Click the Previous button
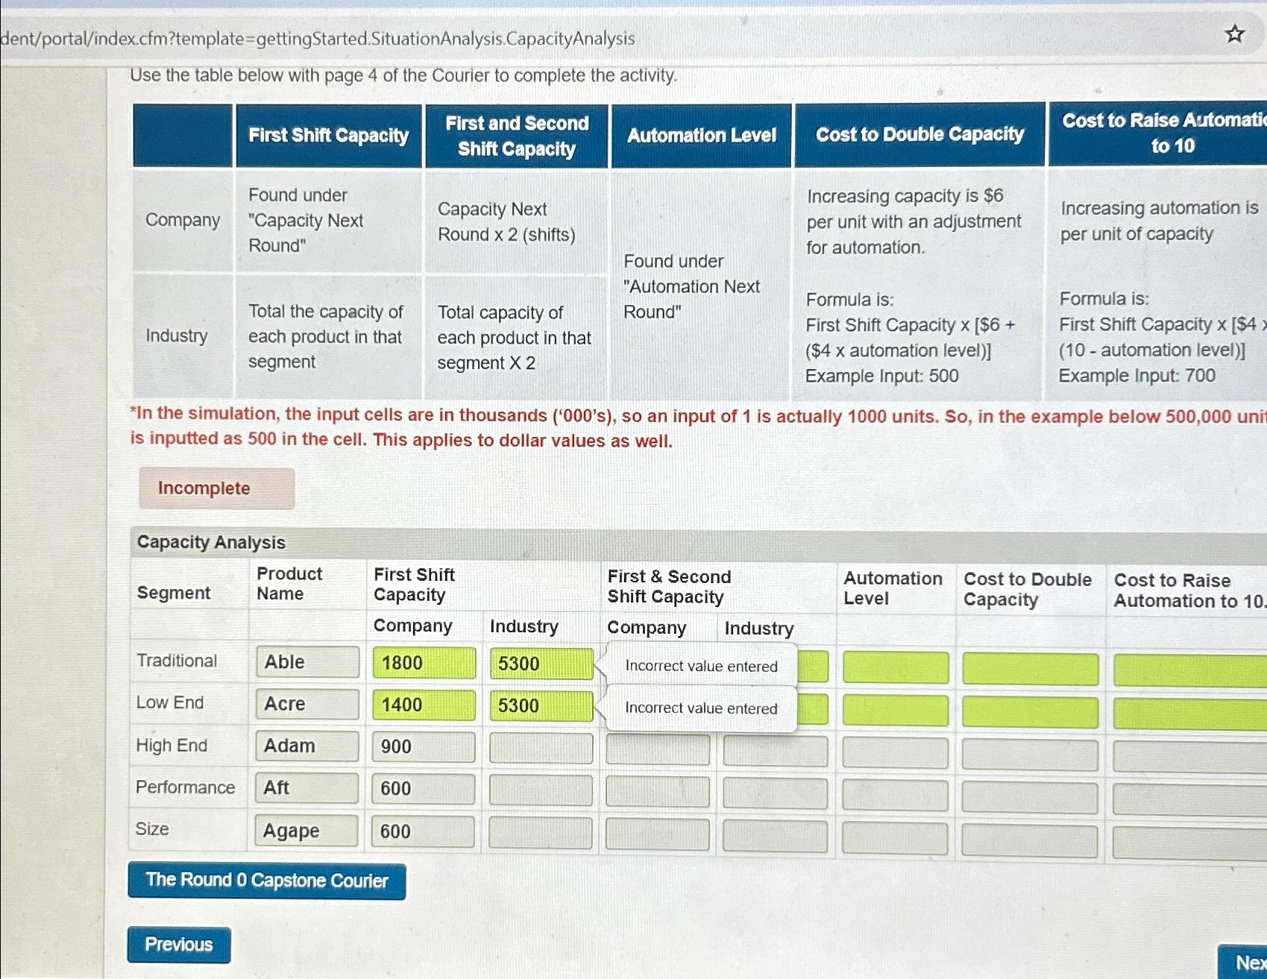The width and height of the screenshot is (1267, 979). pos(179,945)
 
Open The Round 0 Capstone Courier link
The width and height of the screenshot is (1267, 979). pos(266,881)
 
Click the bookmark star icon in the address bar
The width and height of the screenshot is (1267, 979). pos(1235,34)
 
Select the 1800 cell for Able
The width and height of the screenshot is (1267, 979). pos(424,663)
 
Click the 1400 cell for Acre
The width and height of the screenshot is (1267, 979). pos(424,705)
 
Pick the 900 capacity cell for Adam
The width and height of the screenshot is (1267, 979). pos(423,747)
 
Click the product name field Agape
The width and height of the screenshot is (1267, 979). pos(306,831)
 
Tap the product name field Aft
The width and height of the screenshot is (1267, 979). pos(306,788)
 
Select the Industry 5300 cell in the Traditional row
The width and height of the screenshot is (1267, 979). pos(541,664)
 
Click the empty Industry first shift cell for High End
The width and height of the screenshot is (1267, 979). pos(541,748)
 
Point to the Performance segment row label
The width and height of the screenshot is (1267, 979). pos(185,787)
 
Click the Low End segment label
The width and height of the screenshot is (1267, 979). pos(170,702)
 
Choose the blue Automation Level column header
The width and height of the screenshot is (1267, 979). pos(701,135)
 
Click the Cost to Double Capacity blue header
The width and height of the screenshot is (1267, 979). pos(919,134)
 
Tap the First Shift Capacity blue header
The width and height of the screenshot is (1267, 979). pos(329,135)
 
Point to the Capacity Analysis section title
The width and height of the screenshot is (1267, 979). pos(211,542)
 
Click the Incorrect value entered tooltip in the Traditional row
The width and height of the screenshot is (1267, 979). pos(701,666)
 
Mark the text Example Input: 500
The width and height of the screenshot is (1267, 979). pos(881,376)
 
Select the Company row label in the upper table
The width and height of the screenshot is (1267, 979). pos(183,220)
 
